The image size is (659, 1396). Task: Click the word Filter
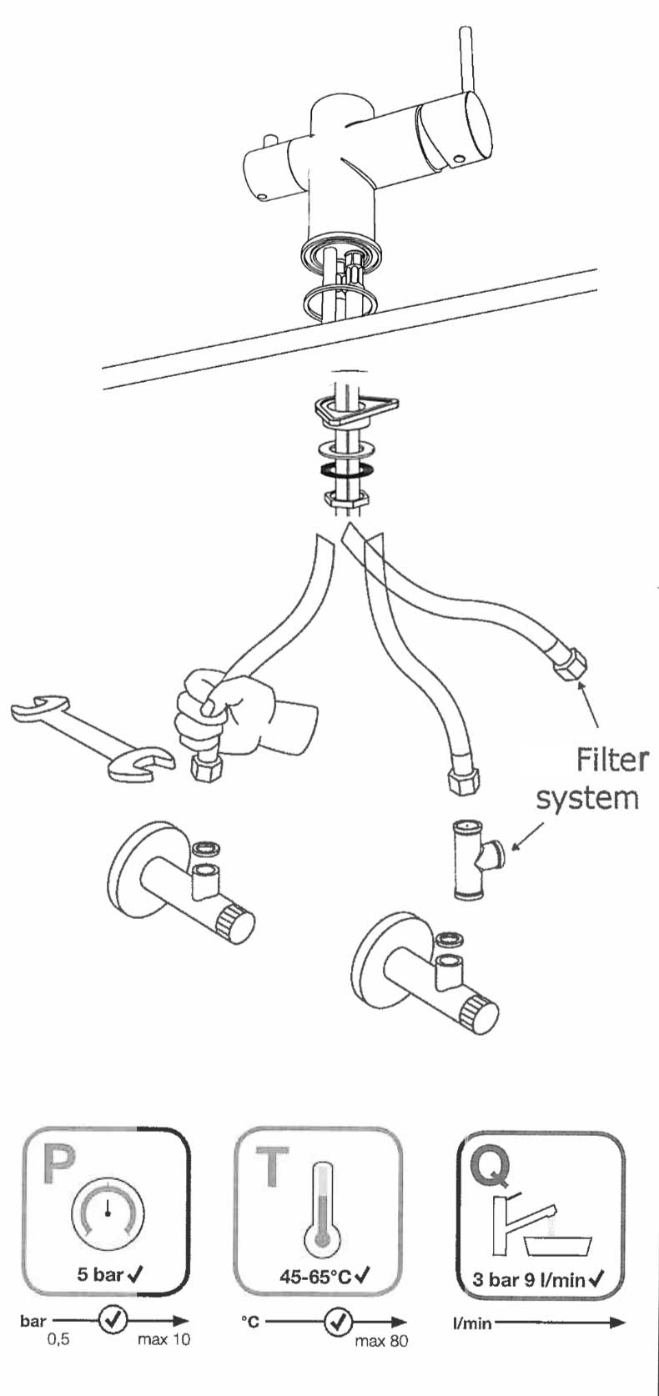612,760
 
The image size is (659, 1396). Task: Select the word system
587,798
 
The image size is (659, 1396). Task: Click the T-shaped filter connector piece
475,859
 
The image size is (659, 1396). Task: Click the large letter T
273,1166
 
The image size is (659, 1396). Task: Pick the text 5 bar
99,1274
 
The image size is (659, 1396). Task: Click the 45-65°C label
315,1277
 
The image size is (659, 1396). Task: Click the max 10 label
163,1340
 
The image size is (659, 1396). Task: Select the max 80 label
381,1341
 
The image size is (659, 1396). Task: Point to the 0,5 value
58,1340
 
